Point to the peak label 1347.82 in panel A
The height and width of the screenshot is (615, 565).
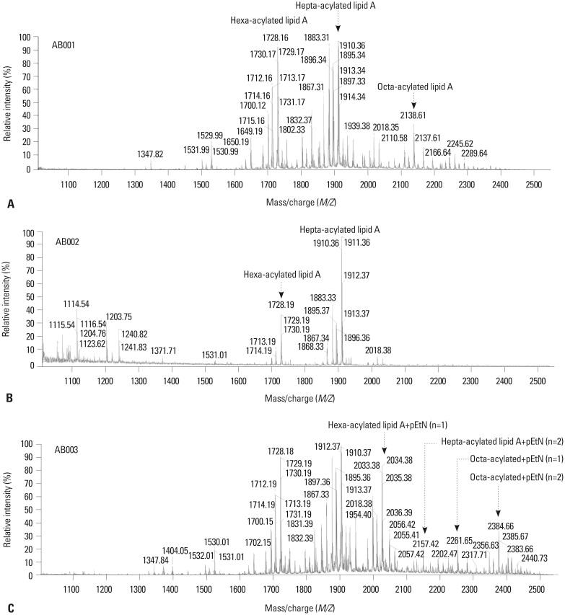click(149, 154)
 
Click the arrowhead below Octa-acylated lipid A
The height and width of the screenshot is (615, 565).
click(413, 105)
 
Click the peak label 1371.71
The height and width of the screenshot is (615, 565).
click(163, 350)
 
